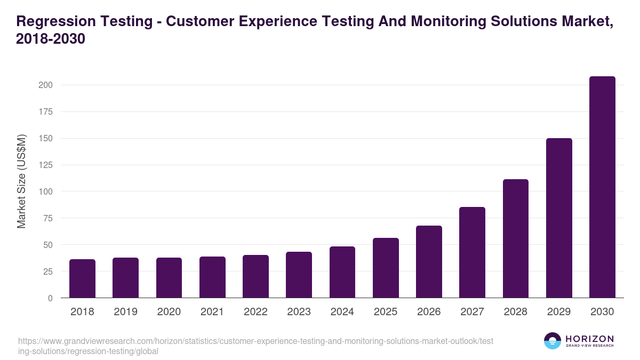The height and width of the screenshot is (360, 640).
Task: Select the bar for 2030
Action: (x=602, y=187)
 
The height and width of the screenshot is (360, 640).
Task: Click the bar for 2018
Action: (x=82, y=278)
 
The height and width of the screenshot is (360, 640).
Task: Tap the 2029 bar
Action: (x=559, y=218)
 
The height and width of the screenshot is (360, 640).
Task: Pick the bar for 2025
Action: (x=386, y=268)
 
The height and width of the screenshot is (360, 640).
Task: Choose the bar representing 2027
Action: (x=472, y=252)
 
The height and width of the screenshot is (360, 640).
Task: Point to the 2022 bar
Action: (x=255, y=276)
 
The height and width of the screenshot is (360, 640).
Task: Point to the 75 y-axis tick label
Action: (x=47, y=218)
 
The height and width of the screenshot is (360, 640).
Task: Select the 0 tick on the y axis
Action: (x=50, y=298)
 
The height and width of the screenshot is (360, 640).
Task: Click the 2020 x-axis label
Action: (x=169, y=312)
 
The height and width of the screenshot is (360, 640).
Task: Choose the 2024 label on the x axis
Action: (x=342, y=312)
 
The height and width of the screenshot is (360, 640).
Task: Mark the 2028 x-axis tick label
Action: (x=515, y=312)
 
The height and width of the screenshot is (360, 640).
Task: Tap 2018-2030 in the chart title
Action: (x=51, y=39)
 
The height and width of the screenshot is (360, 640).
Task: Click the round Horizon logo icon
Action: (x=553, y=341)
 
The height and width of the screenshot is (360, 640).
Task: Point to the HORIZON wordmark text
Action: (x=589, y=339)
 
